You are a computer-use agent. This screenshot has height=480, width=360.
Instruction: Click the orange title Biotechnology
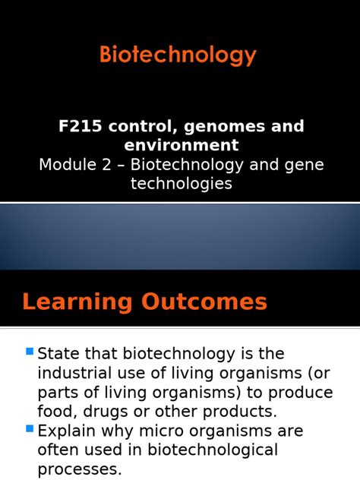coord(178,55)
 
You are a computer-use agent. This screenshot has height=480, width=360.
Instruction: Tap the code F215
coord(80,127)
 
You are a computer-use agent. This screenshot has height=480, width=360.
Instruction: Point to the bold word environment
coord(179,145)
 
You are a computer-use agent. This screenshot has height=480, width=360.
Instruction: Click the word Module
coord(68,165)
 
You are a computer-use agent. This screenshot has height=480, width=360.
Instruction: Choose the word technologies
coord(181,183)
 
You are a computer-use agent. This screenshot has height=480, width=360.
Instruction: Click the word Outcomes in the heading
coord(204,302)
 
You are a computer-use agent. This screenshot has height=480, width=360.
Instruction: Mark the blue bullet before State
coord(30,351)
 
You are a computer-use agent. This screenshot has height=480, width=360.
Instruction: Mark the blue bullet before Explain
coord(30,429)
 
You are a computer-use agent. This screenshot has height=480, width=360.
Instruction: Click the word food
coord(54,412)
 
